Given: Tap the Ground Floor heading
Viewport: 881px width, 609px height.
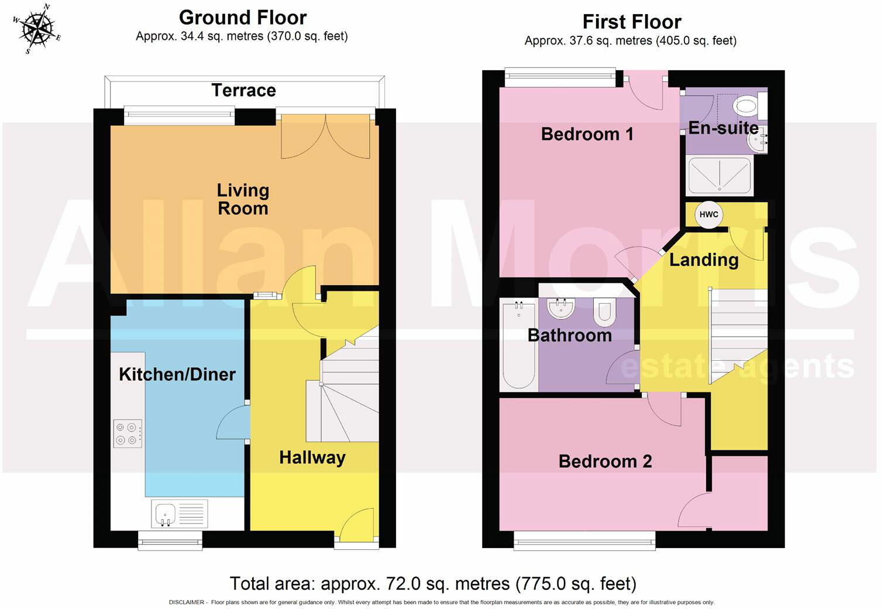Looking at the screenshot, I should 242,18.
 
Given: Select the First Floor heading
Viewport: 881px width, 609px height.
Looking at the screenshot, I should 631,22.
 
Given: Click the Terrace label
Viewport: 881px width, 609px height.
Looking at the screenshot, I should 243,90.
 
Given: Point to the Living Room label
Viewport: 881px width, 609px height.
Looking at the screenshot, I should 243,199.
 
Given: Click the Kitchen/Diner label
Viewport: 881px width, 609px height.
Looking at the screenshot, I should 177,374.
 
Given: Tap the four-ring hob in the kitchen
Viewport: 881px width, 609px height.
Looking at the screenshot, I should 128,433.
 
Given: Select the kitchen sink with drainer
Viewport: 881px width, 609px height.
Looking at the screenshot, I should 179,514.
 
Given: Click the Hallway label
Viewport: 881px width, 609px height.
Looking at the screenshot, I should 312,457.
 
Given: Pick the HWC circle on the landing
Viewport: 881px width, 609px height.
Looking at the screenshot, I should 708,214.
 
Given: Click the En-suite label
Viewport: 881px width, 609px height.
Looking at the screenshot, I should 723,128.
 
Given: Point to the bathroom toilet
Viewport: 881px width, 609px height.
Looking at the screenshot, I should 604,312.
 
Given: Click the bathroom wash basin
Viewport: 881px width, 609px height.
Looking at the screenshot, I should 561,308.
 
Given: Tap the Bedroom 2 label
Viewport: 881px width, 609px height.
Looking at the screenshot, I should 605,461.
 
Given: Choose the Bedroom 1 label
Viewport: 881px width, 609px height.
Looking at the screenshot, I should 587,134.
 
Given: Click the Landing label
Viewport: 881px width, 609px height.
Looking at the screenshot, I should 703,259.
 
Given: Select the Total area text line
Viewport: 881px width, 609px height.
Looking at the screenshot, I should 433,584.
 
